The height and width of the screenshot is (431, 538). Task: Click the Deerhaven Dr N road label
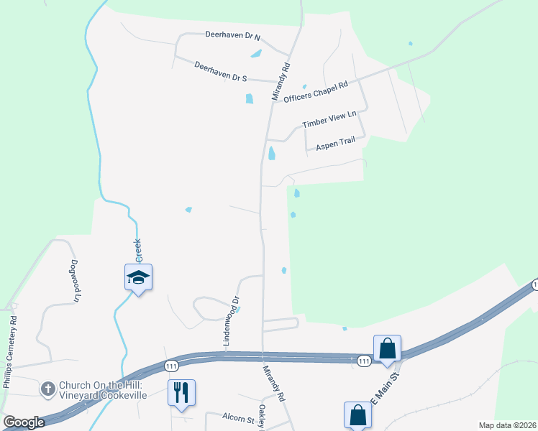[x=232, y=35]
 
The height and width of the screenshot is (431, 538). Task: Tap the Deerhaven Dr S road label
[x=221, y=70]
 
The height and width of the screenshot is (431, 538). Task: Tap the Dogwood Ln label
[x=74, y=280]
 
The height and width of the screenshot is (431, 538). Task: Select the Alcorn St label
[x=239, y=418]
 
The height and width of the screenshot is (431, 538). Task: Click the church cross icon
[x=47, y=389]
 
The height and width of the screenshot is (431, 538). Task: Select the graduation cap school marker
[x=138, y=278]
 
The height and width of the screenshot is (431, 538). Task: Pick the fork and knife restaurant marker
[x=181, y=392]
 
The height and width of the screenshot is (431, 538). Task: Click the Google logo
[x=24, y=422]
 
